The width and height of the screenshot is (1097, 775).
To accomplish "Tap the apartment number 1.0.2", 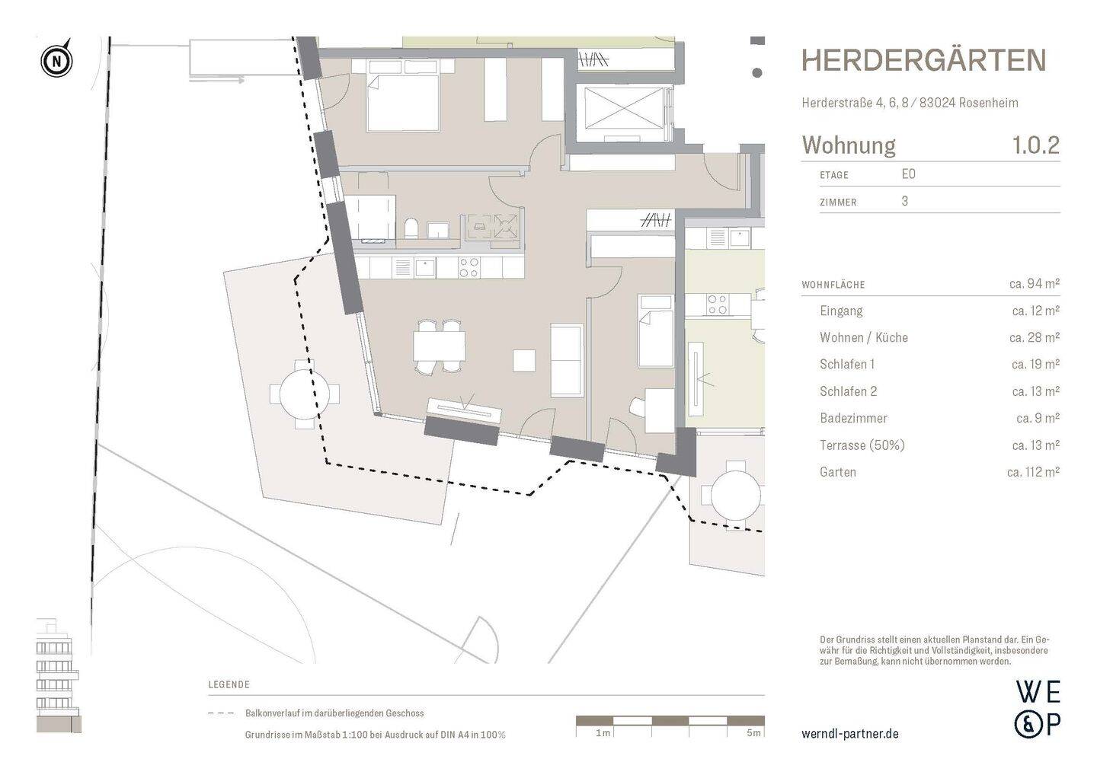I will (1035, 145).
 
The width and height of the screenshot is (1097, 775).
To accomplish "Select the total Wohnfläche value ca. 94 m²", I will (1034, 284).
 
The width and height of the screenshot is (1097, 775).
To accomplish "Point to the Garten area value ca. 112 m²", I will (1032, 472).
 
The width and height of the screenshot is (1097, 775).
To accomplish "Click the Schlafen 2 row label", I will (848, 391).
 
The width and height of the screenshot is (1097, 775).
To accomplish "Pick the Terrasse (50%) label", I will (862, 445).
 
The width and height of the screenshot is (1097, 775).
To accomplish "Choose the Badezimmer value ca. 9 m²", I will (1038, 418).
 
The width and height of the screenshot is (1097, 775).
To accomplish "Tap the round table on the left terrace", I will (305, 394).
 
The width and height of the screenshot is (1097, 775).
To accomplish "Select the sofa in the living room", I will (567, 359).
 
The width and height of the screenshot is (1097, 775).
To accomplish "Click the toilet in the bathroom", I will (412, 228).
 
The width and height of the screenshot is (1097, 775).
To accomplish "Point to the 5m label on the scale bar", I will (753, 733).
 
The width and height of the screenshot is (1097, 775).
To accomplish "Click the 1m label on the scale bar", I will (603, 733).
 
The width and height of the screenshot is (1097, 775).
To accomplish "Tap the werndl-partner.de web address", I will (849, 734).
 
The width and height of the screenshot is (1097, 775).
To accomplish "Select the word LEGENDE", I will (229, 685).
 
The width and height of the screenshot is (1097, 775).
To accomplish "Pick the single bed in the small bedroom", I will (655, 338).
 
